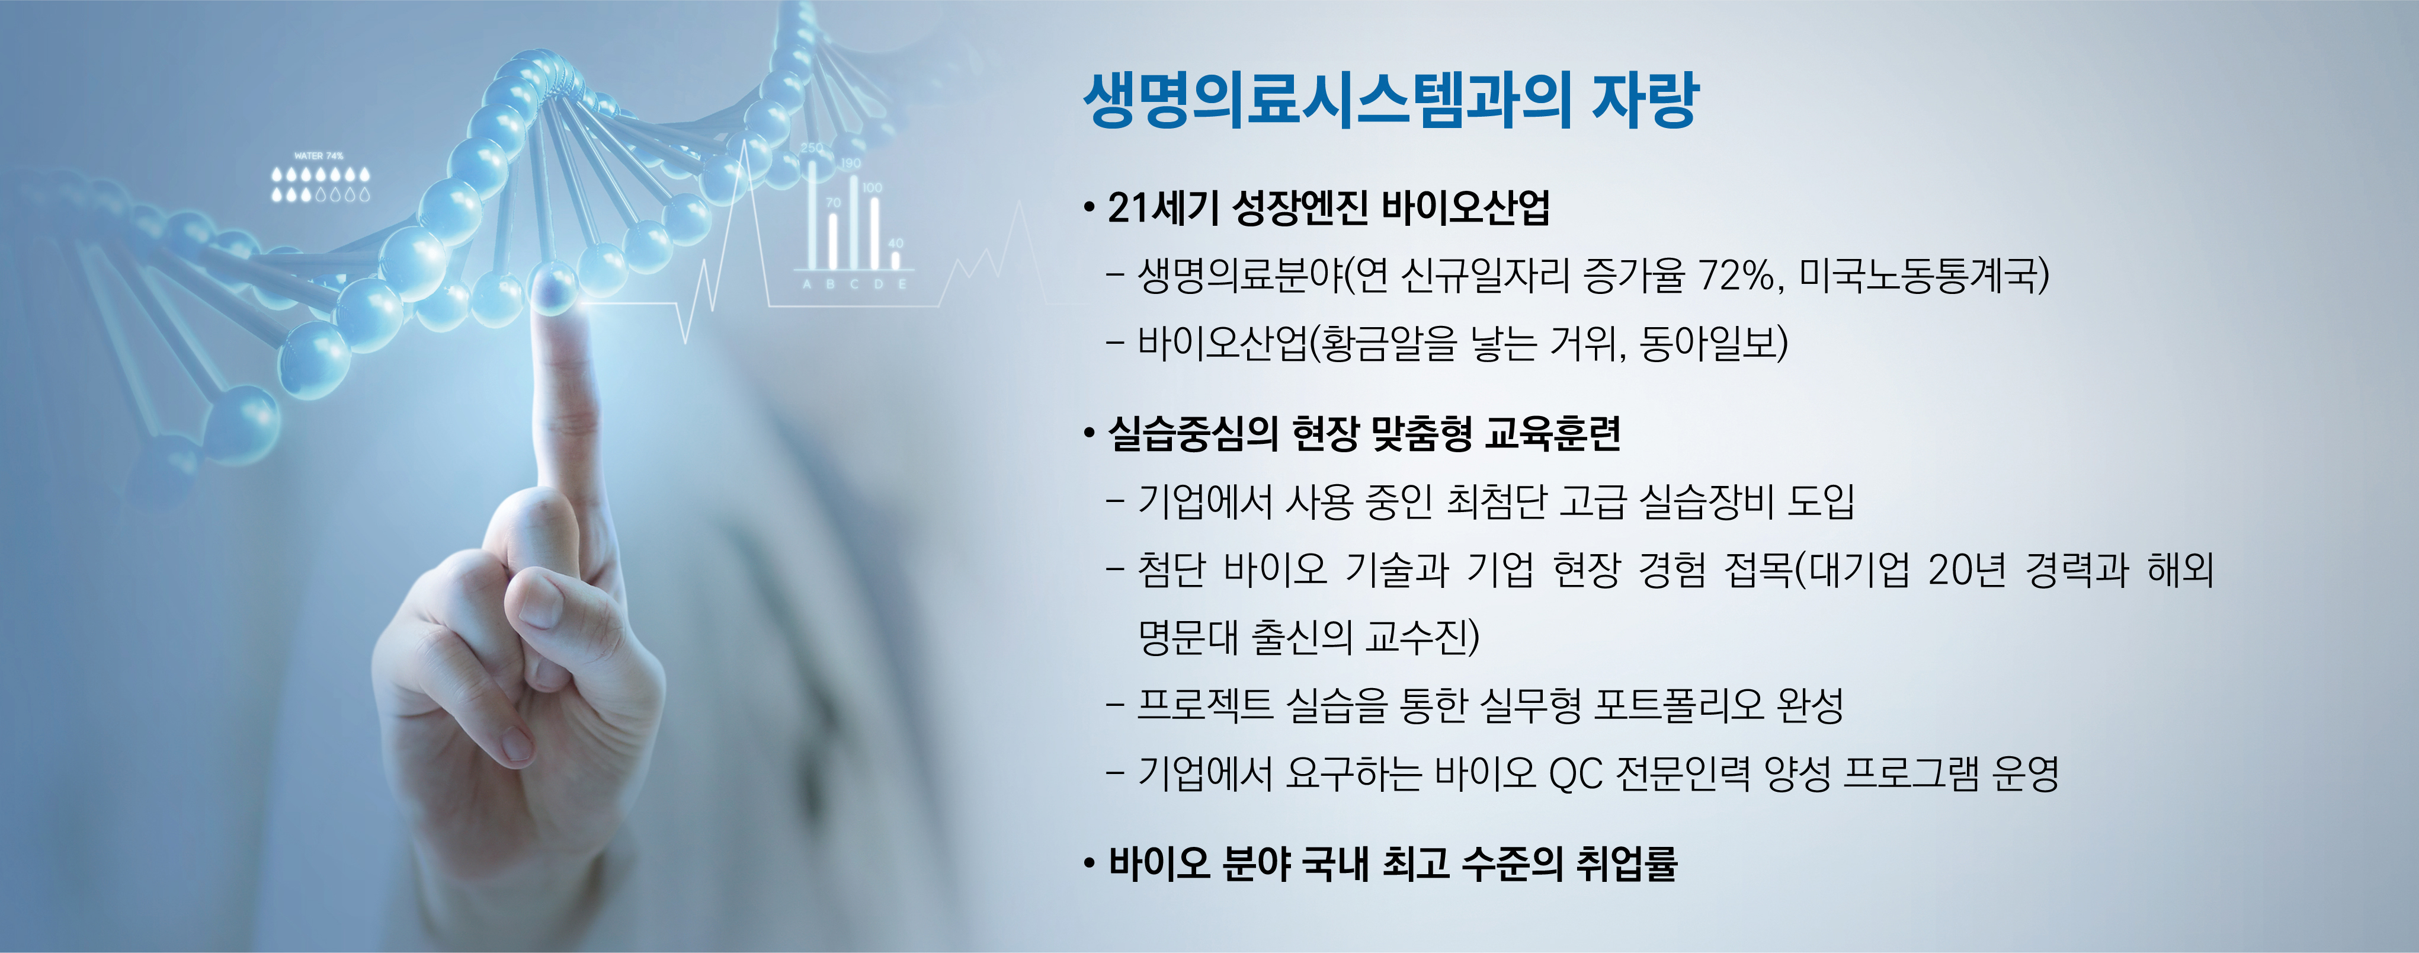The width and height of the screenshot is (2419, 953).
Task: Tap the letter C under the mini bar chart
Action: [x=854, y=283]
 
